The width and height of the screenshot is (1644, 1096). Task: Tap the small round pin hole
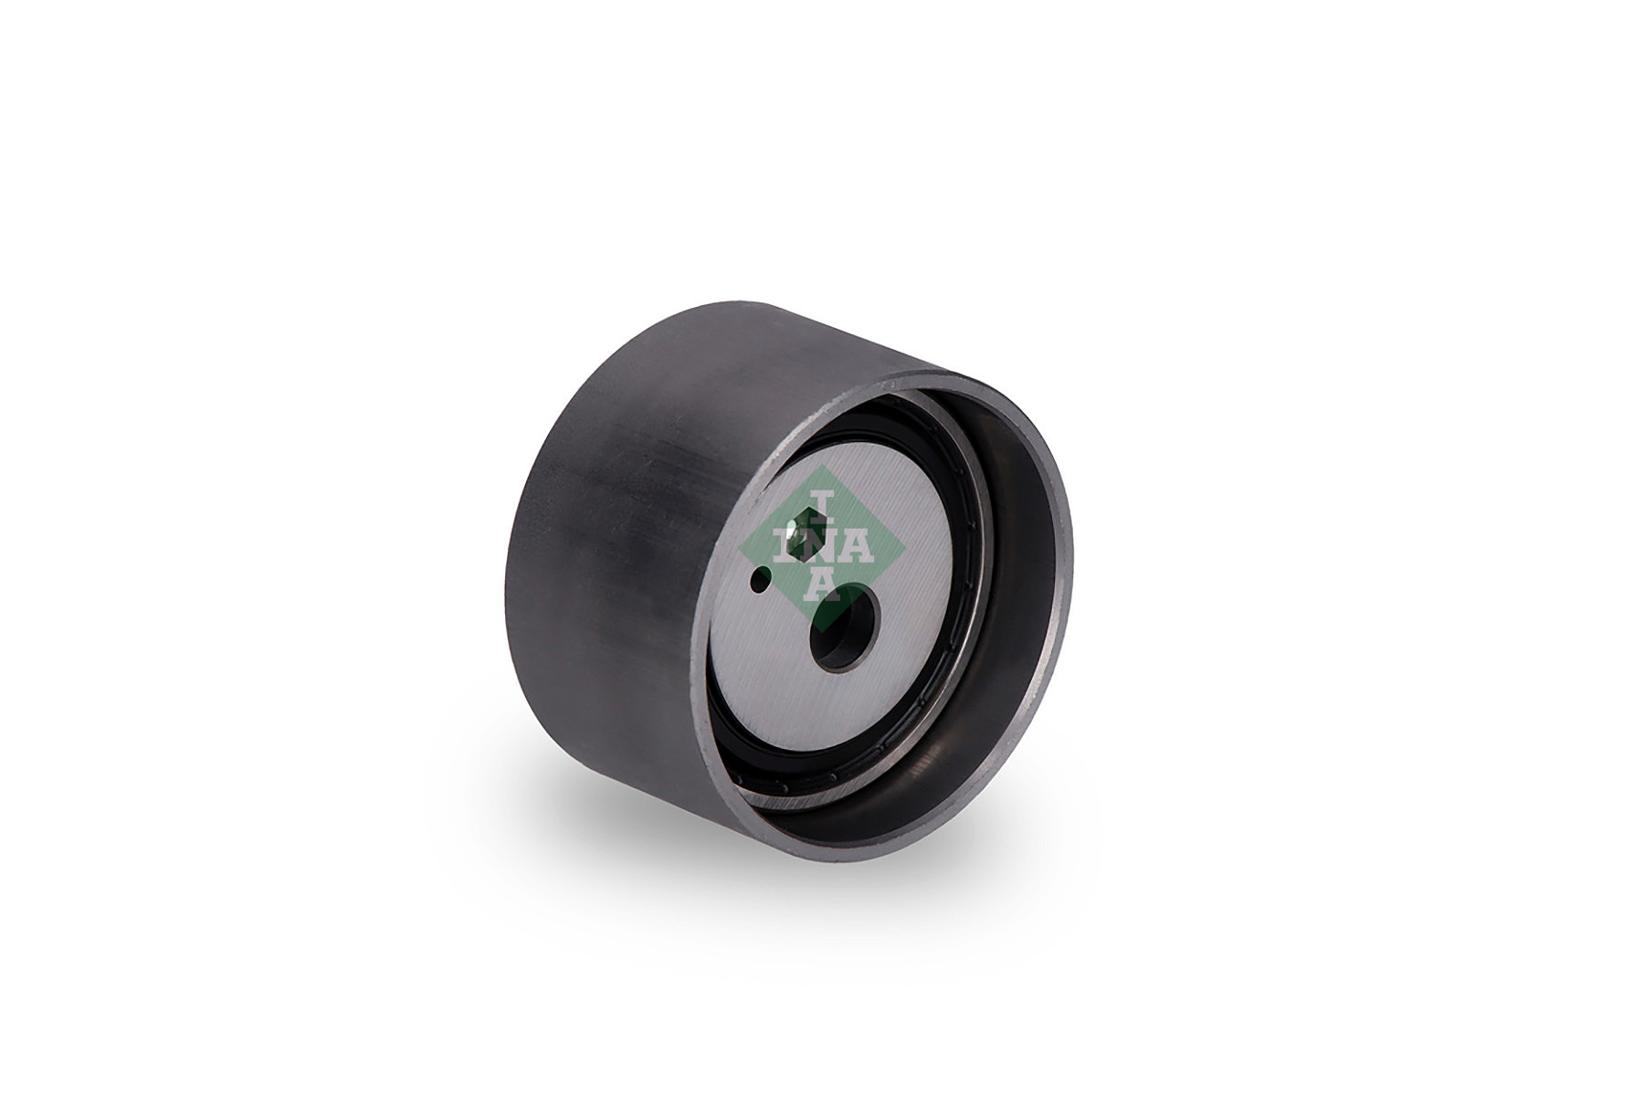pyautogui.click(x=759, y=579)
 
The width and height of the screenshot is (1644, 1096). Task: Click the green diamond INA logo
pyautogui.click(x=821, y=547)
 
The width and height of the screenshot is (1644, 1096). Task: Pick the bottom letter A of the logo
pyautogui.click(x=822, y=584)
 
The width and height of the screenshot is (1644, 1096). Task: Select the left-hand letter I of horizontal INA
pyautogui.click(x=787, y=546)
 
